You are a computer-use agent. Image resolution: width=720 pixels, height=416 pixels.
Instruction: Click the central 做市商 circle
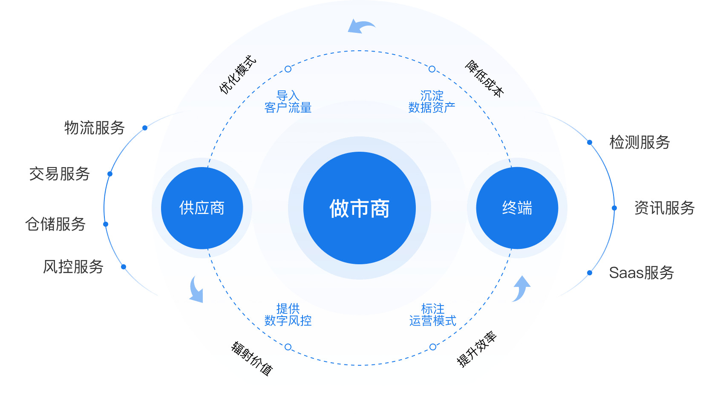(360, 208)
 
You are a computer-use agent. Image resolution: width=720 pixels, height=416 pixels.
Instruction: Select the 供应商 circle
(202, 208)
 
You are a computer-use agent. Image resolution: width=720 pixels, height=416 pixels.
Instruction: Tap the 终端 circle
(517, 208)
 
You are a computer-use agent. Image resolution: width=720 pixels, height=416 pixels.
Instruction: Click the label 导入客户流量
(288, 101)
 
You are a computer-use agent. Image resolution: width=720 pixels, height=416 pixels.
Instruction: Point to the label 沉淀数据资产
(432, 101)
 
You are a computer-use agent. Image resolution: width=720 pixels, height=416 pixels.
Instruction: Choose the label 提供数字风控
(288, 315)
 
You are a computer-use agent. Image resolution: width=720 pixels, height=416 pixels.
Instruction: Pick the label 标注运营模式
(432, 315)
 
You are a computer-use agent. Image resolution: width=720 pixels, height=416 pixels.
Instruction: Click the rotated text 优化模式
(238, 74)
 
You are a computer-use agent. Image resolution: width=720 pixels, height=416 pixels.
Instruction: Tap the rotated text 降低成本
(484, 78)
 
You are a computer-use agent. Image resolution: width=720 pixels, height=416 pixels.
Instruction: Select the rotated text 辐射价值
(252, 358)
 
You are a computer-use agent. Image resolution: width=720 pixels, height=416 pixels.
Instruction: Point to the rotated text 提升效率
(476, 349)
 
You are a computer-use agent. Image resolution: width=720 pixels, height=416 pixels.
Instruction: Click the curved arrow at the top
(361, 26)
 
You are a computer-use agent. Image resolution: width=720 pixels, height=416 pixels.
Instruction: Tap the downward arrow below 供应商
(196, 289)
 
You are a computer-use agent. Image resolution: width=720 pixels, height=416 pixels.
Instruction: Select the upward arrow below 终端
(521, 288)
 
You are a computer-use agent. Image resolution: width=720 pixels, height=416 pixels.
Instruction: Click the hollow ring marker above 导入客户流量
(288, 69)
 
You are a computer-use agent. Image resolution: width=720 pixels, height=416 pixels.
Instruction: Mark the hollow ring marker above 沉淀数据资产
(432, 69)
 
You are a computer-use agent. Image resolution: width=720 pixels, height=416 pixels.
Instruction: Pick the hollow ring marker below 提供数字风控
(288, 347)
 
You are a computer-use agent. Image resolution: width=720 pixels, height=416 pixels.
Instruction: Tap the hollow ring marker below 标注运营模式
(433, 347)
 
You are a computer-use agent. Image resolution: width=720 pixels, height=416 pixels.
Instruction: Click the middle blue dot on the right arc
(614, 208)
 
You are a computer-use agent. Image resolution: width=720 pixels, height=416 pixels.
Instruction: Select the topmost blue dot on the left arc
(145, 128)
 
